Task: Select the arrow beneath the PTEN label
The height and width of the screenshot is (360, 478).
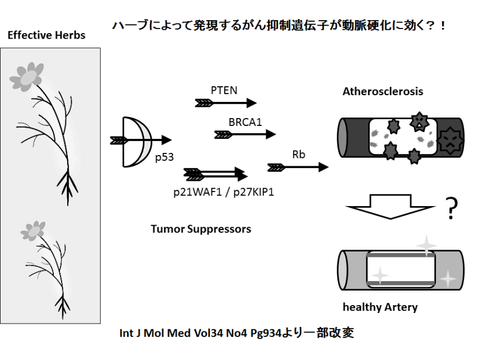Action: pos(225,103)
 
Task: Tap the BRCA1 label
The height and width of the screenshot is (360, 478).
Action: pos(245,121)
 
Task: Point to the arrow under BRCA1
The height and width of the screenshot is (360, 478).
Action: pos(245,134)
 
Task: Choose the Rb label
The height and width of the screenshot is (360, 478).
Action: pos(299,155)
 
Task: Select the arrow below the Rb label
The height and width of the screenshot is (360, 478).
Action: pos(298,167)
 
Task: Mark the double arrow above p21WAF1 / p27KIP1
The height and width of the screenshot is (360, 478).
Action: pos(216,174)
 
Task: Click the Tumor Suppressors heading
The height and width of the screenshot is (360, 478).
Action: pos(201,228)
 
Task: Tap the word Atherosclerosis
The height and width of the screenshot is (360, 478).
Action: pos(383,91)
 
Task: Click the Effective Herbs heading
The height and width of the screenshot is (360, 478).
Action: pos(47,35)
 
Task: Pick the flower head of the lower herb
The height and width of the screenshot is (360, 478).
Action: pos(33,229)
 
